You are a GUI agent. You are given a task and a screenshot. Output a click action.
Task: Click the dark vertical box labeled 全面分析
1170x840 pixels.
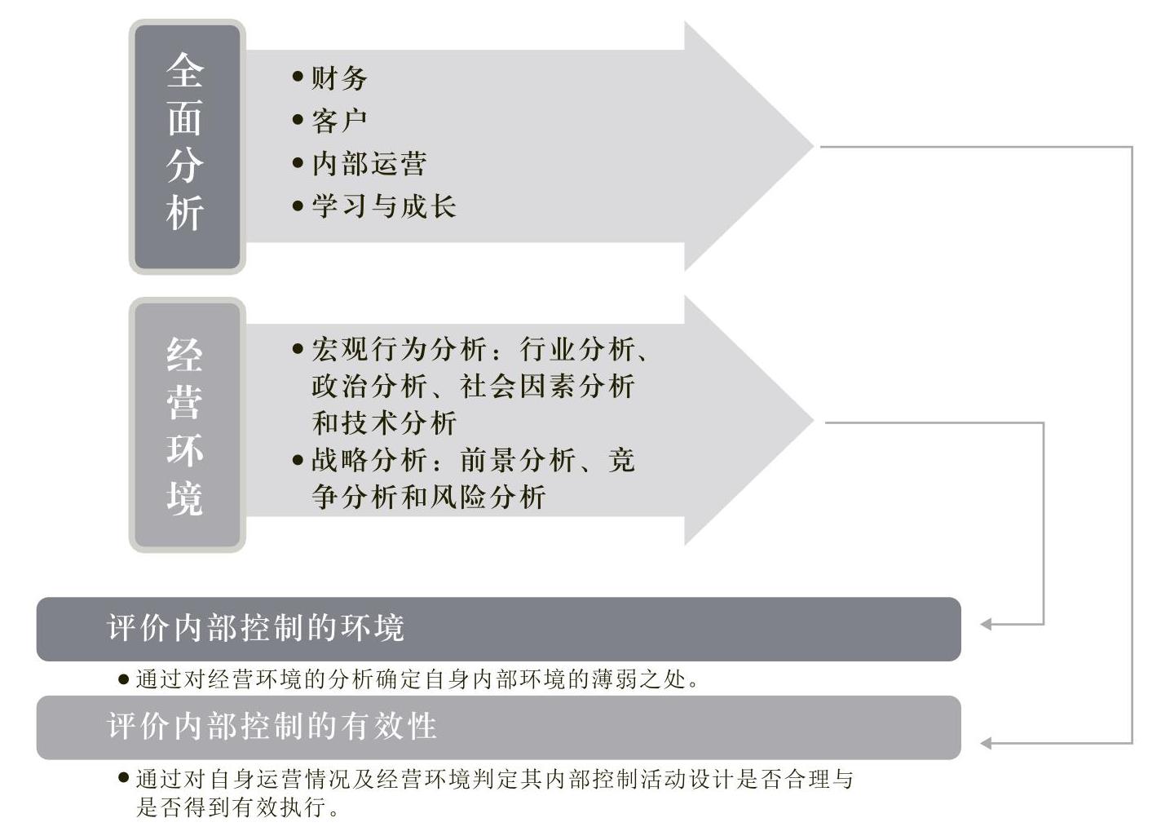point(188,147)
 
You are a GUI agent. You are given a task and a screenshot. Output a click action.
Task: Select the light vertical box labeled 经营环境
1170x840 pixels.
point(188,425)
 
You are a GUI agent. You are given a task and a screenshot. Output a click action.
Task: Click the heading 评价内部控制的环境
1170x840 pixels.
point(255,627)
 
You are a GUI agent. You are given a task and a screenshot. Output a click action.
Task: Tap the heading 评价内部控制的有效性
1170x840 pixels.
point(272,726)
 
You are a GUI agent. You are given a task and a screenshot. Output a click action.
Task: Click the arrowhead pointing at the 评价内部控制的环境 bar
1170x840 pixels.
point(987,624)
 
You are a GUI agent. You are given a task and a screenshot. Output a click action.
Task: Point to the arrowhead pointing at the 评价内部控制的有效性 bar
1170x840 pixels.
point(987,743)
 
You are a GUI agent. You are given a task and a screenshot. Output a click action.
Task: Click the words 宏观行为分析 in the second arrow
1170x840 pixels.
point(399,349)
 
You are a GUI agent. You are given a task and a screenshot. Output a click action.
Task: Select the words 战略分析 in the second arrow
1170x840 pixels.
point(369,460)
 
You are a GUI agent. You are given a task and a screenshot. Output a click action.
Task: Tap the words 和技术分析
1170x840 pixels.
point(384,422)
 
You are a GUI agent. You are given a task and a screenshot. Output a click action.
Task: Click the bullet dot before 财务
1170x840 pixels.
point(298,77)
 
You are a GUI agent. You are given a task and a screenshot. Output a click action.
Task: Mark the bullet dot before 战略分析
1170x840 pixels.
point(298,460)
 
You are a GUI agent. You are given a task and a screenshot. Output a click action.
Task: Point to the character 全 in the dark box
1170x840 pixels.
point(185,70)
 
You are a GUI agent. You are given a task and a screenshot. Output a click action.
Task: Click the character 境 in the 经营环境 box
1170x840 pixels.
point(185,499)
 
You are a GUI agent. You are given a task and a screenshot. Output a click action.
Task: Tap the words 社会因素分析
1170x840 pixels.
point(547,386)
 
